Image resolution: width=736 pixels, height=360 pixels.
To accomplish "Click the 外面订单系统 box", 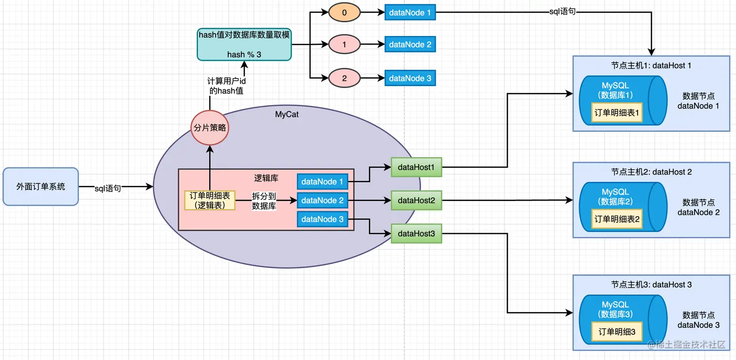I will [40, 186].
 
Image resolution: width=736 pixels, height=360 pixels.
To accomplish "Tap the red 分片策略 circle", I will [210, 128].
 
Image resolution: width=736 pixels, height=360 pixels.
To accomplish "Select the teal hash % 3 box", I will [244, 44].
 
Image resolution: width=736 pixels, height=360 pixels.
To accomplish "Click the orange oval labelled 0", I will [344, 13].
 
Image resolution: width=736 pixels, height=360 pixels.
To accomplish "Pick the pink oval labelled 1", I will [344, 45].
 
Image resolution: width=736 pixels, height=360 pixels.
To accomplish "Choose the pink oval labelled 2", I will [344, 78].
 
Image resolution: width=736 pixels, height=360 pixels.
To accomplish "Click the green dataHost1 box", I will [416, 167].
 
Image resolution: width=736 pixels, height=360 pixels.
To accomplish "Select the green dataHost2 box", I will [416, 200].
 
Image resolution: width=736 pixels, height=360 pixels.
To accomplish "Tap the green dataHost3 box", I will [416, 234].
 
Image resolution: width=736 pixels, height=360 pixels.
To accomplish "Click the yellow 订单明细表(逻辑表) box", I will [210, 200].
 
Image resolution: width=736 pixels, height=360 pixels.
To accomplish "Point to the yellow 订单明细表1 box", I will [617, 112].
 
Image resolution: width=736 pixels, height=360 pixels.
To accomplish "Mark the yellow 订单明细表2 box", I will [617, 219].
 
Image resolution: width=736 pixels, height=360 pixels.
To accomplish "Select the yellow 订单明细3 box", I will [617, 332].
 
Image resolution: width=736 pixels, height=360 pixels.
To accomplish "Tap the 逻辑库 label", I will [266, 178].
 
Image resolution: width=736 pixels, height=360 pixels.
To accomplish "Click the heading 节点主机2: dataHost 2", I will [651, 172].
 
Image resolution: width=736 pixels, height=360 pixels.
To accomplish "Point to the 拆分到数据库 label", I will [264, 200].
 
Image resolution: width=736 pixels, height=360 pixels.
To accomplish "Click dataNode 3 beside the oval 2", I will [410, 78].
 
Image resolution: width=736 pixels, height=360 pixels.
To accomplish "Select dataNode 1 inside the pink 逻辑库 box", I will [322, 181].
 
